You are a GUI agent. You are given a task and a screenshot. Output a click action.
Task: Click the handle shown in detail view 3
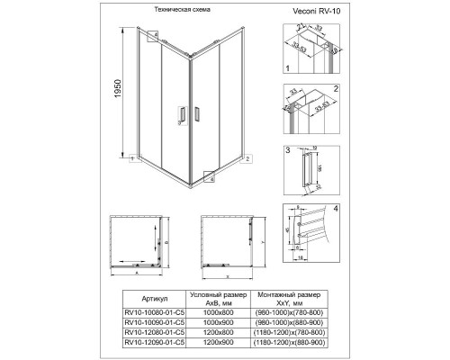(x=312, y=168)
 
